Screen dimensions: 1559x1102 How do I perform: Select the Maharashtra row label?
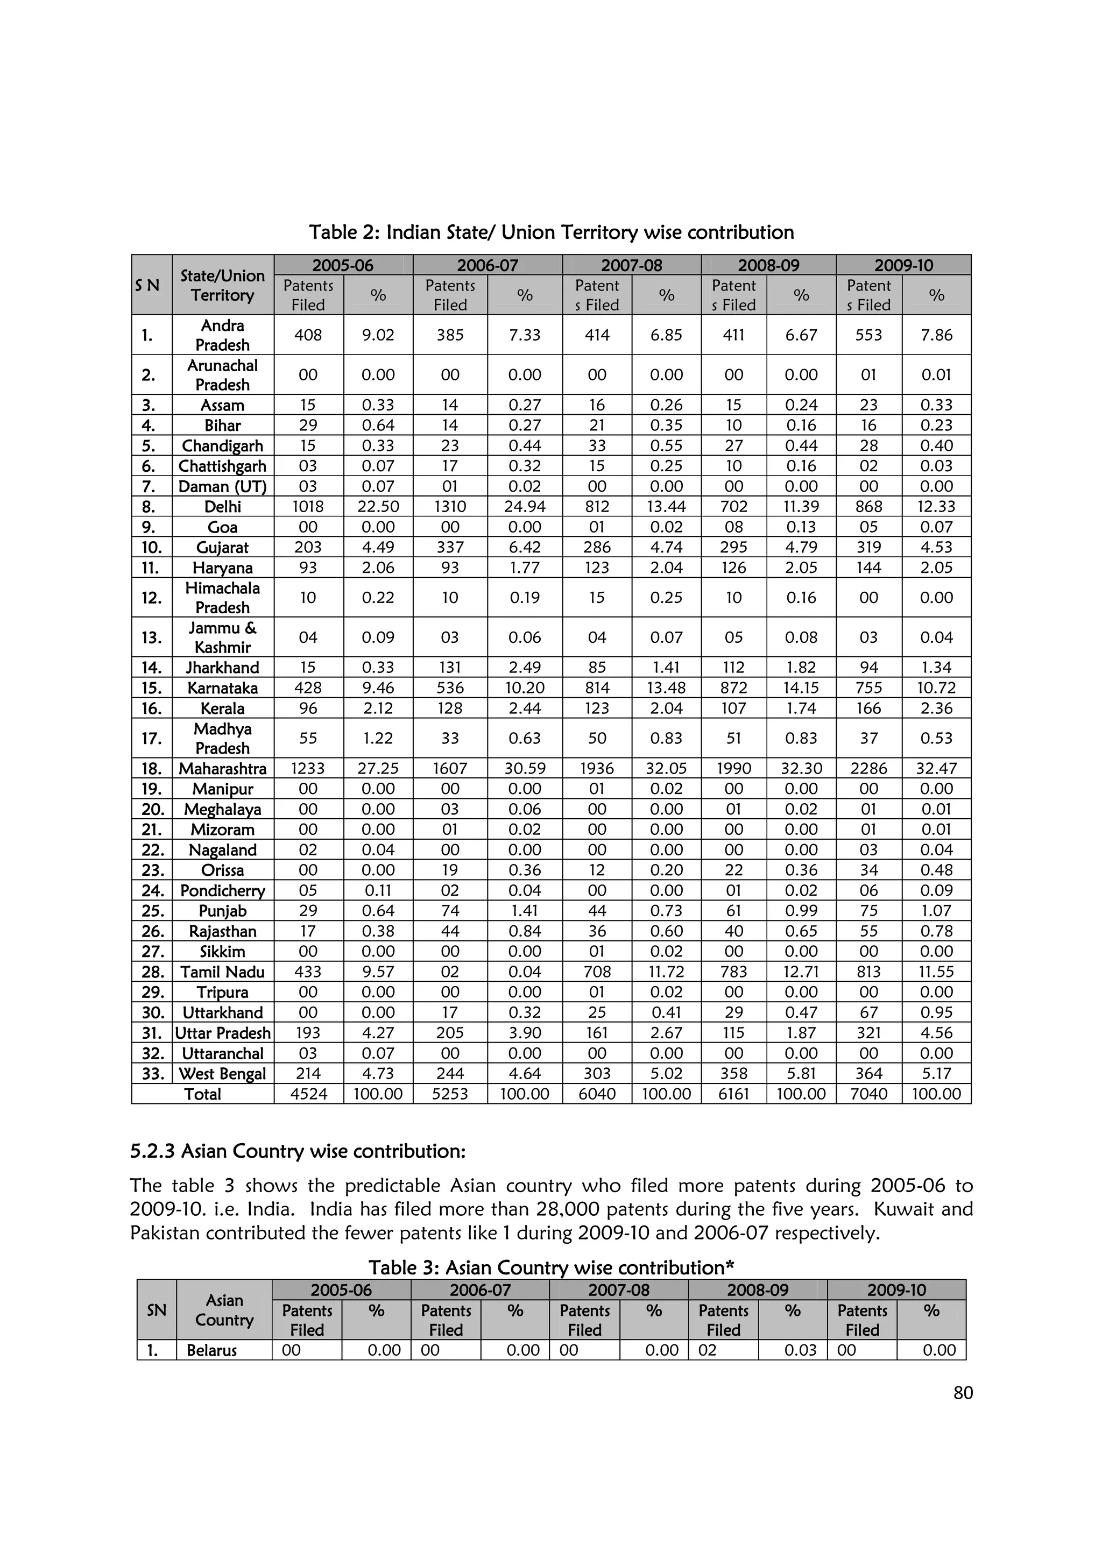[x=222, y=769]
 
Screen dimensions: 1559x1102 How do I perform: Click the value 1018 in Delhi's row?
[x=308, y=507]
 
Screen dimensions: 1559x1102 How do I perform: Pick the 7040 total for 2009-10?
[x=868, y=1094]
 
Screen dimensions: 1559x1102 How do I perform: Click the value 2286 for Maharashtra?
[x=868, y=769]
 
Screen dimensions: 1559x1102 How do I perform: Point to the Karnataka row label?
[x=222, y=688]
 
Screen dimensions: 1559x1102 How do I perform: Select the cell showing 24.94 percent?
[x=524, y=507]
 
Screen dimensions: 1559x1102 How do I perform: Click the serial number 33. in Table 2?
[x=152, y=1074]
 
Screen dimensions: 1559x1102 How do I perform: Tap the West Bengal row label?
[x=222, y=1074]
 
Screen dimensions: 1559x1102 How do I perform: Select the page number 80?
[x=963, y=1393]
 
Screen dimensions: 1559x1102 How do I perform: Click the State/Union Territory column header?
[x=222, y=285]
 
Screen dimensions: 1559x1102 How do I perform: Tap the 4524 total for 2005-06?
[x=308, y=1094]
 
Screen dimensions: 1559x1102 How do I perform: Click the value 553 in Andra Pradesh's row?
[x=868, y=335]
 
